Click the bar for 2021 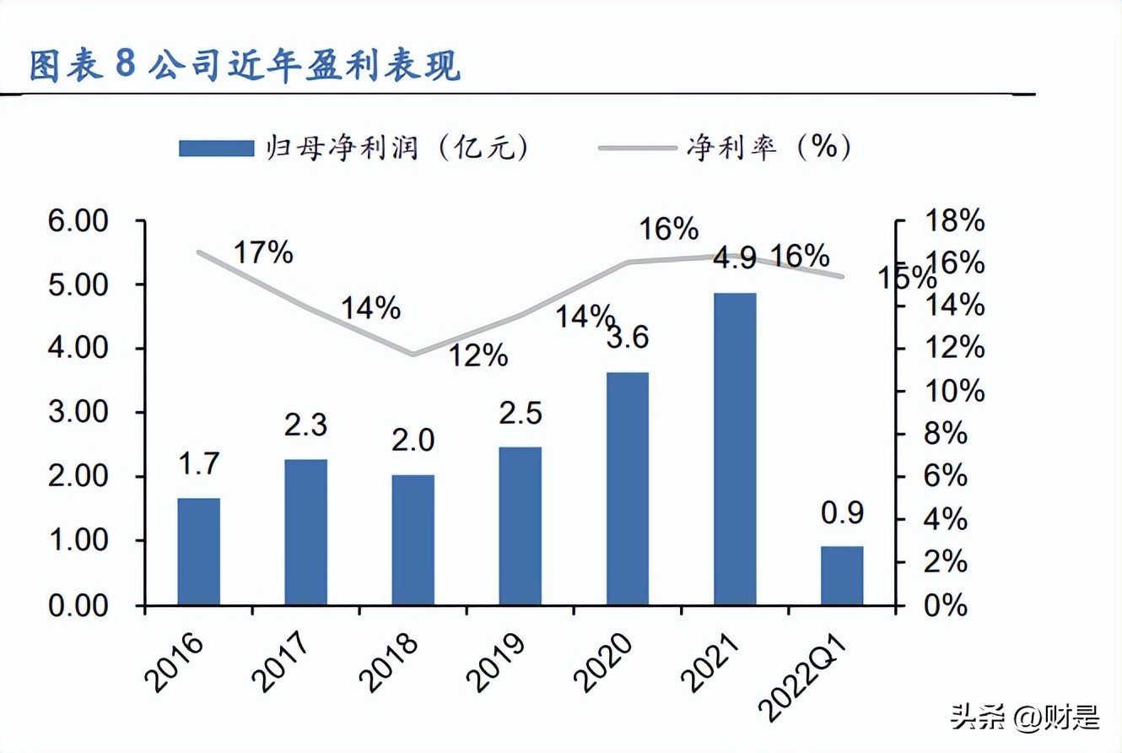point(735,448)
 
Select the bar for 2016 point(199,551)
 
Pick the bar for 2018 point(413,539)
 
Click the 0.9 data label point(841,512)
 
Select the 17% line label point(263,252)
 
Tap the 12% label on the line point(477,355)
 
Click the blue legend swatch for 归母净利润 point(216,149)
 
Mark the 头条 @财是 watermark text point(1024,718)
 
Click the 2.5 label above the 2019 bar point(520,413)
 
